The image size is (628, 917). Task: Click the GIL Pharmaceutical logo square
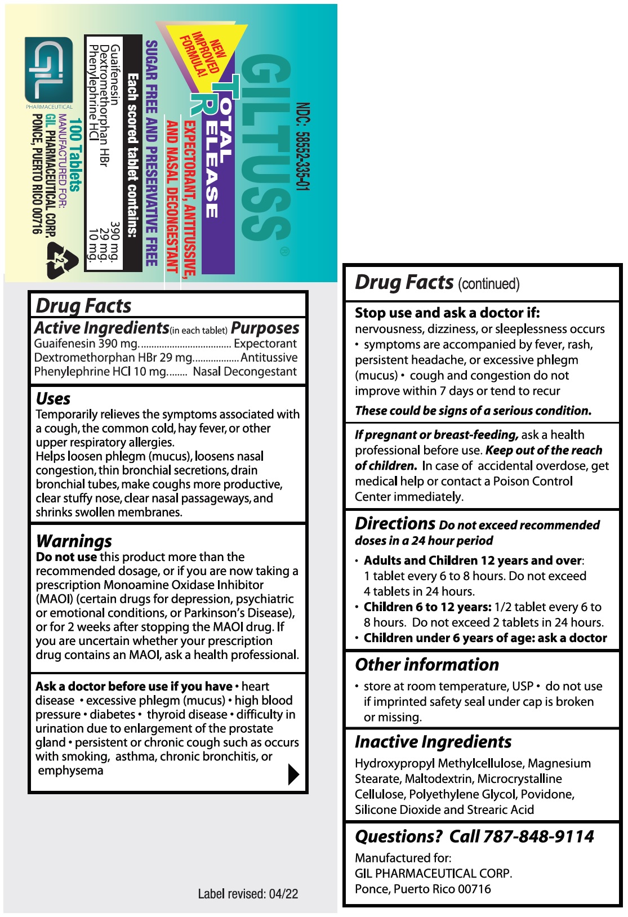[49, 70]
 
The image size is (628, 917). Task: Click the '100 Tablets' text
[75, 155]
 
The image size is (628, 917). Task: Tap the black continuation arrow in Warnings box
[293, 774]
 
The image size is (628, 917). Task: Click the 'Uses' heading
[53, 399]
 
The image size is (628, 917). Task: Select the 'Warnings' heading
[74, 541]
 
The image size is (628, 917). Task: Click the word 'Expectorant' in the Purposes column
[265, 344]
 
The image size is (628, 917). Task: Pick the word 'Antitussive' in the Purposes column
[269, 358]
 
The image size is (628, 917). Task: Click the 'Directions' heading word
[395, 523]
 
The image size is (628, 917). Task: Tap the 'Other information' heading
[427, 665]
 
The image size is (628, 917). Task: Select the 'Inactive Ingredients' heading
[433, 742]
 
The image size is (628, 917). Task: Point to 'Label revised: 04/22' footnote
[248, 893]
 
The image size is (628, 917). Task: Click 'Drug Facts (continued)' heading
[437, 282]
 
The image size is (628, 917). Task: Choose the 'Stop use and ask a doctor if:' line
[447, 313]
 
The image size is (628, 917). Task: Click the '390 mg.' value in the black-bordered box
[115, 242]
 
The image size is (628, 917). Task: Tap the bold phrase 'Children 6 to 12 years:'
[427, 607]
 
